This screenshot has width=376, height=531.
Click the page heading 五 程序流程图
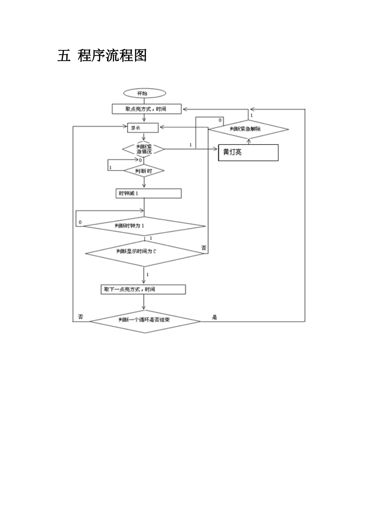pos(102,55)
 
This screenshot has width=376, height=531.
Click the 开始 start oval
pos(144,93)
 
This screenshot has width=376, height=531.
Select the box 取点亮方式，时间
pos(147,109)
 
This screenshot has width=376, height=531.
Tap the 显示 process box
pos(143,128)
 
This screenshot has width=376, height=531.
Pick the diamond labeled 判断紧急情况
pos(144,149)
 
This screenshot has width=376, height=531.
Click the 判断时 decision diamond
pos(144,171)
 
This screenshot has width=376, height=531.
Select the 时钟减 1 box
pos(148,193)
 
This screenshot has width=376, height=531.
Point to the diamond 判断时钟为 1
pos(144,226)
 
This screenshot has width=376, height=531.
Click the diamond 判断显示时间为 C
pos(145,253)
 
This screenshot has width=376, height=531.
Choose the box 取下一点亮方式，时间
pos(143,289)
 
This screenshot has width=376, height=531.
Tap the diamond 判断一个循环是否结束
pos(145,321)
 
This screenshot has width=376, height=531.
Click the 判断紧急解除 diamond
pos(248,129)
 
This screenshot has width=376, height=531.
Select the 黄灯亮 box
pos(248,152)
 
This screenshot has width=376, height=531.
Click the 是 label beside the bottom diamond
pos(215,317)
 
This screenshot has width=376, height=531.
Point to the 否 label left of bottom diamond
pos(81,317)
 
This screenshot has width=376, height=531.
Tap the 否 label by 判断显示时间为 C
pos(204,248)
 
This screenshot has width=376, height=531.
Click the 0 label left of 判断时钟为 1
pos(80,222)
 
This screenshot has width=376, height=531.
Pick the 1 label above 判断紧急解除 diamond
pos(251,115)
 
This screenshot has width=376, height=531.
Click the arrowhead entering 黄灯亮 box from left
pos(216,149)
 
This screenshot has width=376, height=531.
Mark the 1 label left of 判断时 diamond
pos(110,167)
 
